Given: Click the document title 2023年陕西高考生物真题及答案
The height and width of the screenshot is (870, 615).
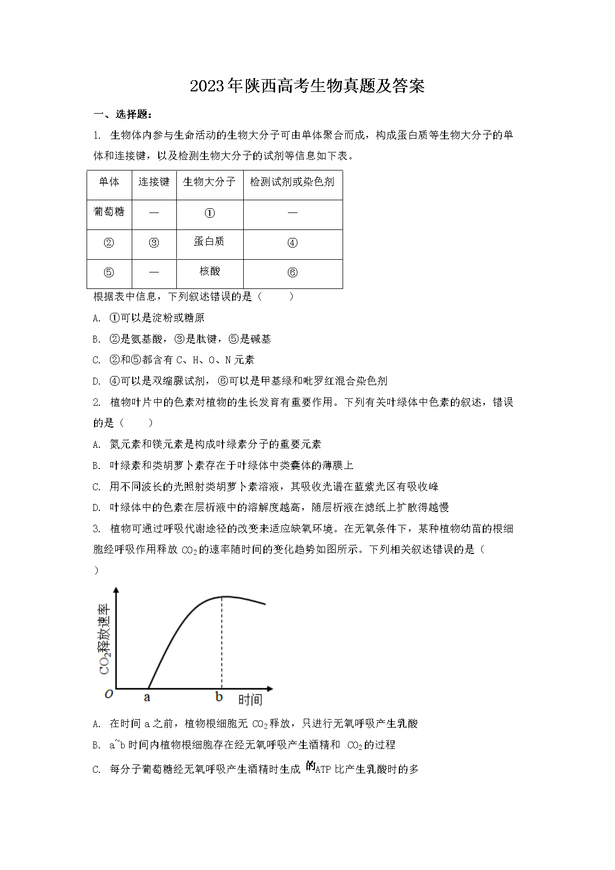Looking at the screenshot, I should tap(307, 86).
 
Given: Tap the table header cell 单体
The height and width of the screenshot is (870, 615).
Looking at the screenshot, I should tap(109, 182).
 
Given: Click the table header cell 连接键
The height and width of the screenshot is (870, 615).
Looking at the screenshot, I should tap(153, 182).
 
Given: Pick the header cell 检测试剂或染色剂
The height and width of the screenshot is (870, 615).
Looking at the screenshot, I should tap(292, 182).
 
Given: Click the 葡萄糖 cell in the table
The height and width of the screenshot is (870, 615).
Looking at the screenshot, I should tap(109, 212).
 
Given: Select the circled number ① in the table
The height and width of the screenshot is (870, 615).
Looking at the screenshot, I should tap(210, 213).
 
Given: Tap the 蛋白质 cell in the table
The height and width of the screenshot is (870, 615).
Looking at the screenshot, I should tap(209, 242).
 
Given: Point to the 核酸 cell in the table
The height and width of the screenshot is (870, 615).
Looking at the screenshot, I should tap(209, 271).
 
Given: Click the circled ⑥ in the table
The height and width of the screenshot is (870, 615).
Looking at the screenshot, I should tap(292, 273).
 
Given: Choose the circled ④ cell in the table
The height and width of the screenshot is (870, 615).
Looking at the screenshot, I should tap(292, 243).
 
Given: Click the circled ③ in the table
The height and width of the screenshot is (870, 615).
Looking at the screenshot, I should tap(154, 243).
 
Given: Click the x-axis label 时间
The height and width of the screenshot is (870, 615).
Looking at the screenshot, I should tap(250, 700).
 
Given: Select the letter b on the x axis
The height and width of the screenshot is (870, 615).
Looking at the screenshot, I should tap(219, 697).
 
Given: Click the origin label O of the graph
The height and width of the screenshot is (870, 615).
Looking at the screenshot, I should tap(109, 694).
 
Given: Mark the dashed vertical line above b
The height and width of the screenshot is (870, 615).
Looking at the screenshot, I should tap(221, 643).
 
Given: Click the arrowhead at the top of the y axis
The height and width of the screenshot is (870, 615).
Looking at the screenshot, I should tap(116, 590).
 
